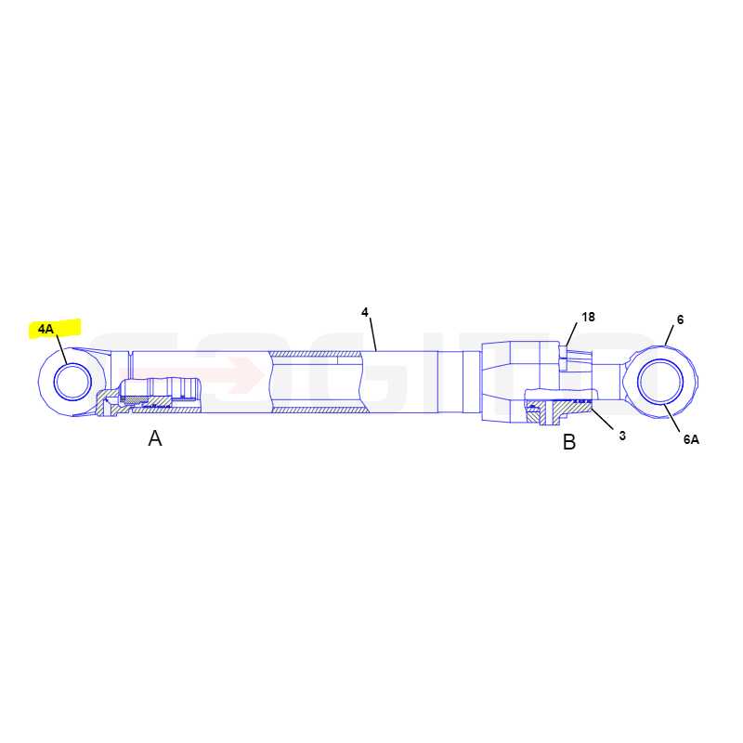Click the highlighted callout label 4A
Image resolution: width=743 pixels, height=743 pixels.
point(46,329)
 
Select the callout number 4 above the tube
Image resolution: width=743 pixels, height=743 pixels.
point(364,312)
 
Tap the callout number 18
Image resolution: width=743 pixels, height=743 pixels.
point(588,317)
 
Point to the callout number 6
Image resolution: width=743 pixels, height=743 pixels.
point(680,319)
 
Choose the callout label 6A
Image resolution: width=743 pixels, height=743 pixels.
point(691,439)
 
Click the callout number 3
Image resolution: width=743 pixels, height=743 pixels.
point(622,436)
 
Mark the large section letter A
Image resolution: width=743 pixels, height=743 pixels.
point(155,438)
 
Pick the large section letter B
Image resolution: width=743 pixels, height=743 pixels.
point(569,442)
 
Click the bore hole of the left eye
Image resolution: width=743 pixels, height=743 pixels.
point(72,382)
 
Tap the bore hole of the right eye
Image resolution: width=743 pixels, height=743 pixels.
point(660,382)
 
